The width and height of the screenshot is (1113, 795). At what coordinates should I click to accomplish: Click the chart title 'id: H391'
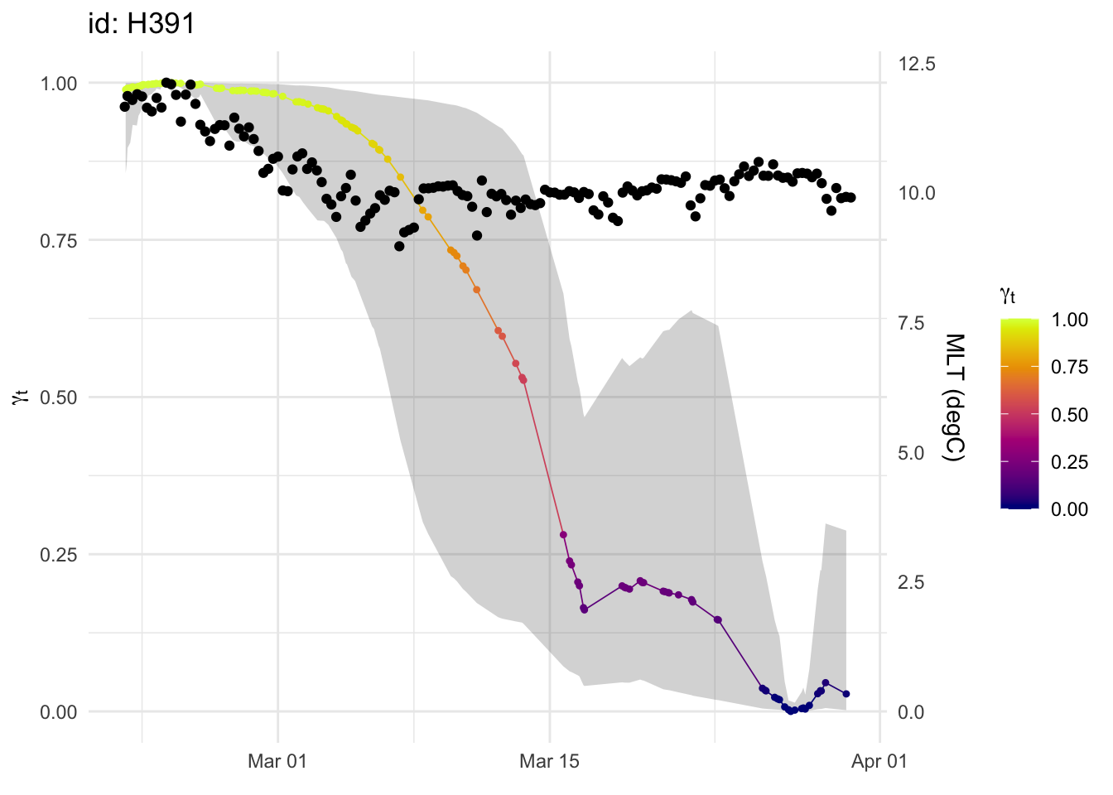[x=142, y=24]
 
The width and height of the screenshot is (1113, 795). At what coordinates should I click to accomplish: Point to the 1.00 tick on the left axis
[x=58, y=84]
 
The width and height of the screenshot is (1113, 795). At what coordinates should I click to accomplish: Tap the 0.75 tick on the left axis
[x=58, y=241]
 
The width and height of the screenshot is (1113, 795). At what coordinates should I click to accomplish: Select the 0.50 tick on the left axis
[x=58, y=397]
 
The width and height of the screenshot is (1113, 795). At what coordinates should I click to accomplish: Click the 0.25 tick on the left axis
[x=58, y=555]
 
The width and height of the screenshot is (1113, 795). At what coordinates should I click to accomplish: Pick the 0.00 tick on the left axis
[x=58, y=712]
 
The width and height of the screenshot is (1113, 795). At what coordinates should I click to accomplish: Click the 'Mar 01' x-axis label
[x=277, y=761]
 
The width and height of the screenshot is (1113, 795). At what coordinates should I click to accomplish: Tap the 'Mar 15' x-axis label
[x=549, y=761]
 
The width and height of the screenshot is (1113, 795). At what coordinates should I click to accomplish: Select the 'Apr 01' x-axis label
[x=879, y=761]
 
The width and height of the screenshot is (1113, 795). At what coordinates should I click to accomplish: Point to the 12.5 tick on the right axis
[x=917, y=65]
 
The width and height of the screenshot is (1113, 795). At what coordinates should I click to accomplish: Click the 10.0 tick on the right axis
[x=917, y=193]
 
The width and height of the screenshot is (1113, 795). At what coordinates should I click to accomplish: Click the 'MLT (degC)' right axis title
[x=955, y=397]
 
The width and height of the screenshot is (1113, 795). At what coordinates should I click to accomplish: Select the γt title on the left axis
[x=21, y=397]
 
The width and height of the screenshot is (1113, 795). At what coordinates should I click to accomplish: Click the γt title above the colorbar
[x=1008, y=296]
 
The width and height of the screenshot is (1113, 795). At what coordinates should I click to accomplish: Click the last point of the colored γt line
[x=846, y=694]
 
